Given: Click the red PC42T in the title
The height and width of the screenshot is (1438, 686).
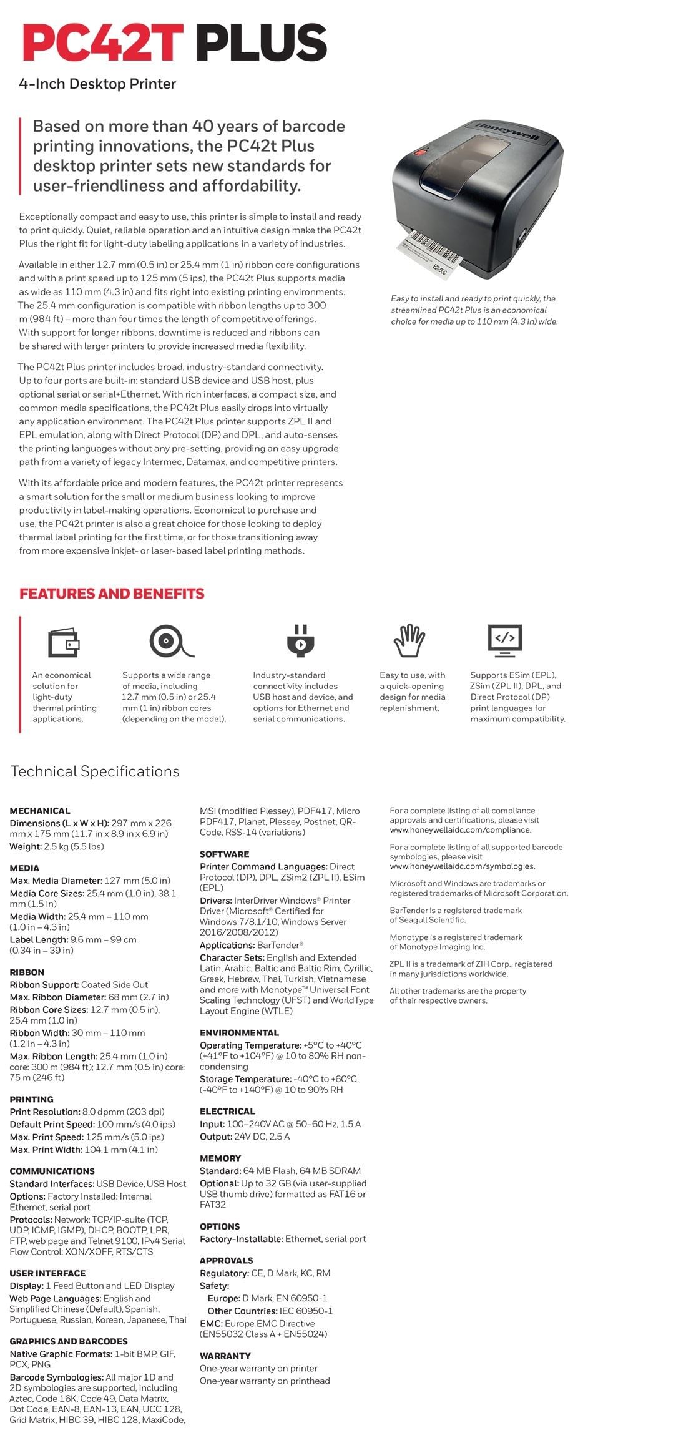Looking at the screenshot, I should [102, 42].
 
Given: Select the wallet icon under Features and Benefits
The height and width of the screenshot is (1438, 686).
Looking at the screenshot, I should [64, 641].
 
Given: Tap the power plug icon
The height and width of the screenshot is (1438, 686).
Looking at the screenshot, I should [300, 641].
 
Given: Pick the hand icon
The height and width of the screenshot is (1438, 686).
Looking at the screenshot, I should [409, 641].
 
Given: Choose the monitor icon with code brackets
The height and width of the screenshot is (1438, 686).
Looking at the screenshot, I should [504, 640].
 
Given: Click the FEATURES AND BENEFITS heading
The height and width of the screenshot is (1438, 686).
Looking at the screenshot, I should [112, 594].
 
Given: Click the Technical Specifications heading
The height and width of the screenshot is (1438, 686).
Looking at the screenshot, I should [95, 771].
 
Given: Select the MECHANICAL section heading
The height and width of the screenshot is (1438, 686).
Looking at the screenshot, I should [40, 811].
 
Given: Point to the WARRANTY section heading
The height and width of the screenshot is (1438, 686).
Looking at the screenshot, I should [225, 1356].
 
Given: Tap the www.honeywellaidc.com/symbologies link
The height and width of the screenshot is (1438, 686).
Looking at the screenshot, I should [462, 866].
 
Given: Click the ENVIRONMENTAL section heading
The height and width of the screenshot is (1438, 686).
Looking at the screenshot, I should [239, 1033].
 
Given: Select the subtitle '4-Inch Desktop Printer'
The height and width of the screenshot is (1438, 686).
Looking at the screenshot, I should [97, 84].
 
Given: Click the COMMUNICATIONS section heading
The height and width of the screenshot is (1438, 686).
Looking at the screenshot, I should [52, 1171].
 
